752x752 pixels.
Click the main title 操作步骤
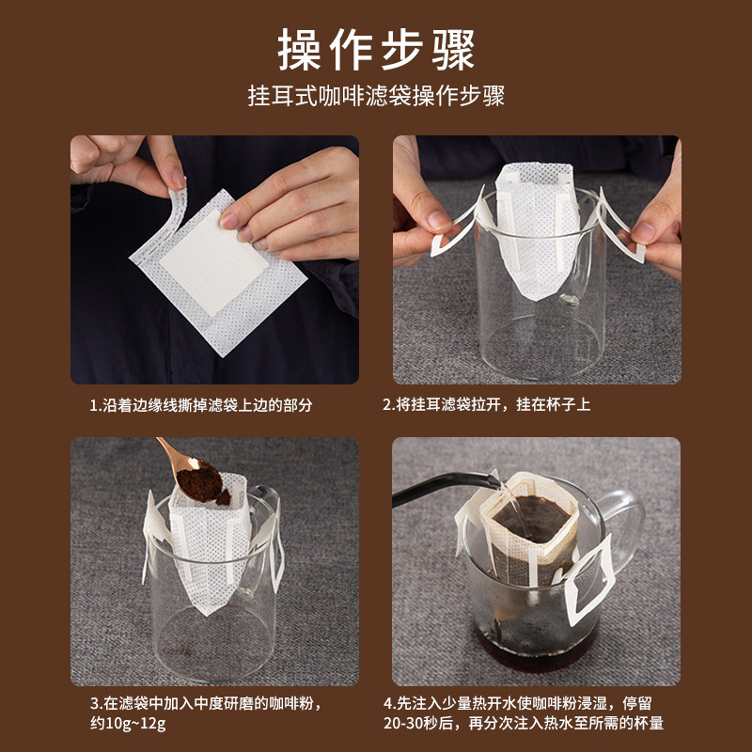[376, 50]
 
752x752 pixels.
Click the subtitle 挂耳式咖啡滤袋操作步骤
[376, 97]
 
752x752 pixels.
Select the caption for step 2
[486, 405]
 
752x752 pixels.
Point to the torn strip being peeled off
[177, 211]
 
